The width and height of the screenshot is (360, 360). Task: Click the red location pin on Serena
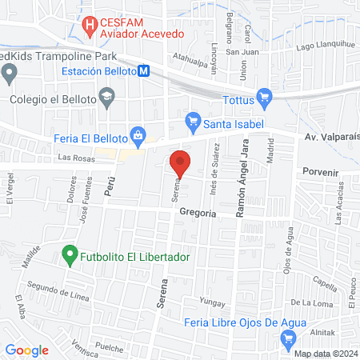click(x=181, y=163)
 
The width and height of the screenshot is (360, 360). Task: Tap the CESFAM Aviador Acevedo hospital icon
click(x=90, y=26)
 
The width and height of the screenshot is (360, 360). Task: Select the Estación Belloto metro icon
click(x=144, y=70)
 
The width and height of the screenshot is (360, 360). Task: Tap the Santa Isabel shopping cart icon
click(x=192, y=122)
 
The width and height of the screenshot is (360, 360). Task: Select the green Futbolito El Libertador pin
click(x=70, y=256)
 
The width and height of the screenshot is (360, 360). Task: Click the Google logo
click(x=26, y=350)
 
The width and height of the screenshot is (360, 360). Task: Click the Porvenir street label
click(x=321, y=171)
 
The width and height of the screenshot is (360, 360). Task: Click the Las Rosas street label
click(x=82, y=158)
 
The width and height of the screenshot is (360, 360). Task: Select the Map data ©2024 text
click(x=326, y=354)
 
